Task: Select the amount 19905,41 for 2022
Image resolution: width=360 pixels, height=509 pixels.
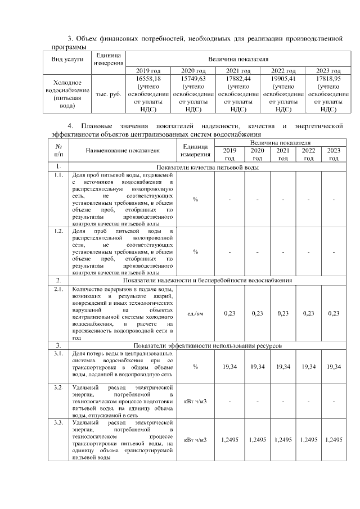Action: click(283, 79)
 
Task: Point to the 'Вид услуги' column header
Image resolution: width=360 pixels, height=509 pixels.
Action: click(67, 58)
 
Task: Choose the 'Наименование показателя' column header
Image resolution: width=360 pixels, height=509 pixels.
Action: click(123, 151)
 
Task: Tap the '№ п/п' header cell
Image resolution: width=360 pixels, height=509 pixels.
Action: click(58, 151)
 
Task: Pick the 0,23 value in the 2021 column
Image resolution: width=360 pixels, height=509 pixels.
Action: click(283, 313)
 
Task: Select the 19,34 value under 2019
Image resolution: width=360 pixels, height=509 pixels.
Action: click(229, 367)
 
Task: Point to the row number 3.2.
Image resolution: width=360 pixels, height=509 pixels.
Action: click(58, 388)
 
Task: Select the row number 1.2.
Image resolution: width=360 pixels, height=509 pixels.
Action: click(58, 231)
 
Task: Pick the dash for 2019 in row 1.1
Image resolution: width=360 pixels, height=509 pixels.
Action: click(229, 200)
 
